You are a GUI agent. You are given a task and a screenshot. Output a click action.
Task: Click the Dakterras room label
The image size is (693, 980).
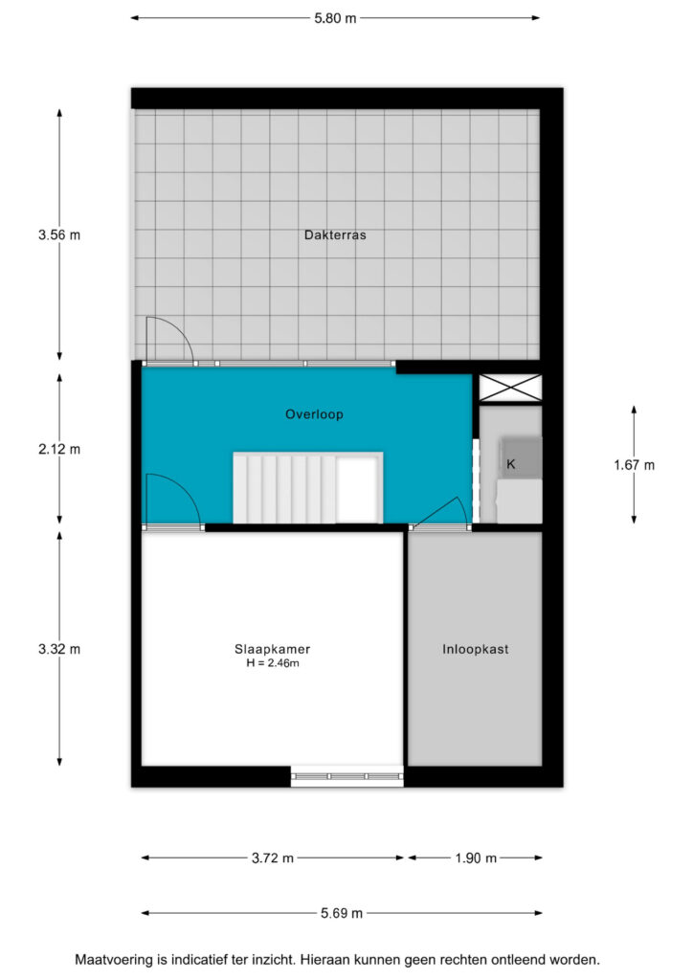(x=335, y=235)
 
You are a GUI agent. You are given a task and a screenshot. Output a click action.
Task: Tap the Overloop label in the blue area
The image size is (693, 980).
(x=314, y=414)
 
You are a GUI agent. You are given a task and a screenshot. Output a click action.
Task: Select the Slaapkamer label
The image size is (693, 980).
(x=273, y=650)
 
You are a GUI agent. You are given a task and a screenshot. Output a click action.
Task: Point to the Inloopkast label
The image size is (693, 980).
(x=476, y=650)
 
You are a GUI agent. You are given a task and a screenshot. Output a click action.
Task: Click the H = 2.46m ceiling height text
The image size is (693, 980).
(x=273, y=663)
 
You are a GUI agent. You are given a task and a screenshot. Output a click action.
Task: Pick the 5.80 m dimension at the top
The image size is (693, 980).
(x=335, y=18)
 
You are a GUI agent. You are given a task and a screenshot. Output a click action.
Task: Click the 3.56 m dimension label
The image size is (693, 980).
(x=59, y=235)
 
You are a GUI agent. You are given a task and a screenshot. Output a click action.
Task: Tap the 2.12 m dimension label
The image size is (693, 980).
(x=59, y=449)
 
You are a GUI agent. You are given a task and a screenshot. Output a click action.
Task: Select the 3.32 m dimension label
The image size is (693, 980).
(x=59, y=650)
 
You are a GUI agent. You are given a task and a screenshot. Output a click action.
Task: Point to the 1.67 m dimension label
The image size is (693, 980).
(x=635, y=465)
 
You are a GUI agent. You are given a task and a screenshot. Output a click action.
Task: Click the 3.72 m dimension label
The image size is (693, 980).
(x=273, y=858)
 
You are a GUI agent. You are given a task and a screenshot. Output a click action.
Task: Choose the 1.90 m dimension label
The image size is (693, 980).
(x=476, y=858)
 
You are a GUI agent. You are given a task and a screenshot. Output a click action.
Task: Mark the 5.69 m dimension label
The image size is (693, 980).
(x=342, y=913)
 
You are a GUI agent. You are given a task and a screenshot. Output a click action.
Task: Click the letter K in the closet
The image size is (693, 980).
(x=511, y=464)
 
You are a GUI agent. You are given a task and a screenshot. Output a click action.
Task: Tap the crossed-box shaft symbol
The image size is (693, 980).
(x=510, y=388)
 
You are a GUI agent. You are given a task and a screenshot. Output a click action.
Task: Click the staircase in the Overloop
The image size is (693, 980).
(x=307, y=487)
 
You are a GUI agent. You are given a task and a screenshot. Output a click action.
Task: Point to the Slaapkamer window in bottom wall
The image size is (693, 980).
(x=347, y=776)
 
